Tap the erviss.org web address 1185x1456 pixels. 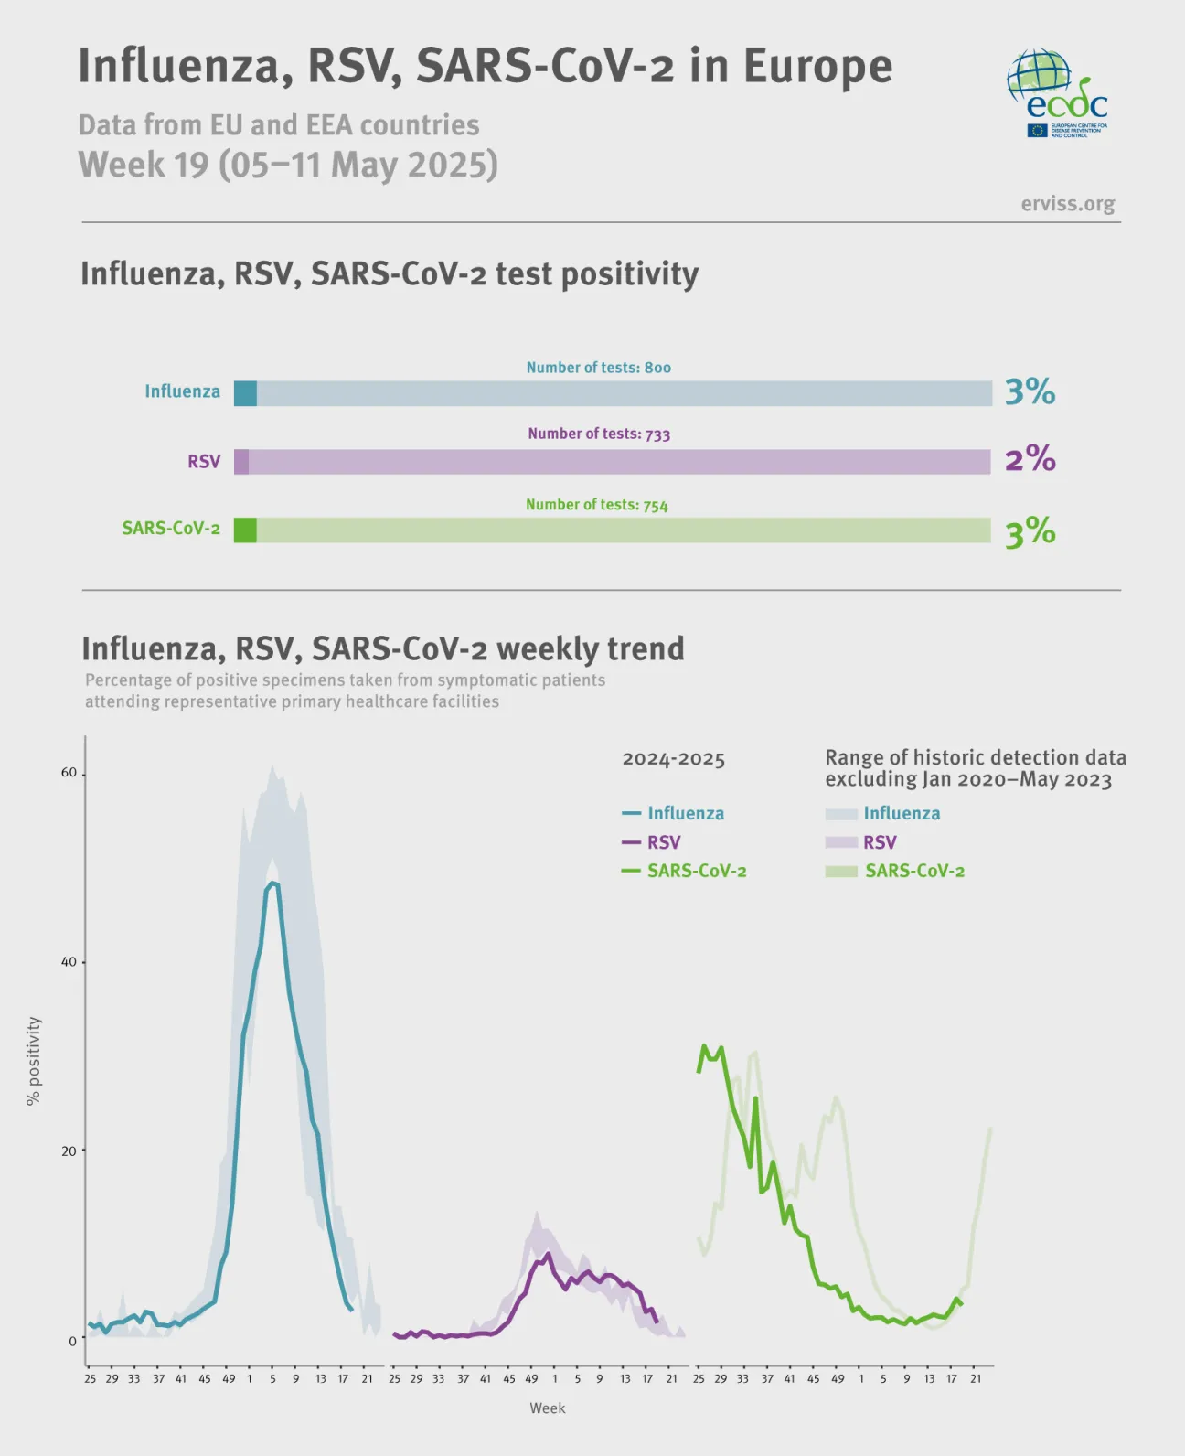click(x=1067, y=203)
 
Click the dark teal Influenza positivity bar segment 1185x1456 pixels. click(x=245, y=393)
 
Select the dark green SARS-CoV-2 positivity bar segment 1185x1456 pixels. click(x=245, y=530)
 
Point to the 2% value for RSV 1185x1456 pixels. click(x=1030, y=458)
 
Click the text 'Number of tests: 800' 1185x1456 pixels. click(x=598, y=368)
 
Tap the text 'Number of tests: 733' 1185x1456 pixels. click(x=599, y=434)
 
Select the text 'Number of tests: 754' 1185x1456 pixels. click(x=596, y=505)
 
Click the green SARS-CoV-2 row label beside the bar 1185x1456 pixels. click(x=171, y=529)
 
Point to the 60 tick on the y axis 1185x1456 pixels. click(x=69, y=773)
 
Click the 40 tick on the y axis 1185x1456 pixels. click(x=69, y=962)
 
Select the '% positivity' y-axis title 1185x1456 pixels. click(x=34, y=1061)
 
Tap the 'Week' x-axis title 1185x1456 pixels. click(x=547, y=1408)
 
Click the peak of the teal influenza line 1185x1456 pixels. click(x=272, y=883)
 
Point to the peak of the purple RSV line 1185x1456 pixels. click(x=548, y=1254)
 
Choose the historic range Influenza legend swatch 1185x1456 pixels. click(x=841, y=814)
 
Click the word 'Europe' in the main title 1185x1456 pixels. click(x=817, y=66)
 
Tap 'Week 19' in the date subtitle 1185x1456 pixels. click(x=144, y=165)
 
